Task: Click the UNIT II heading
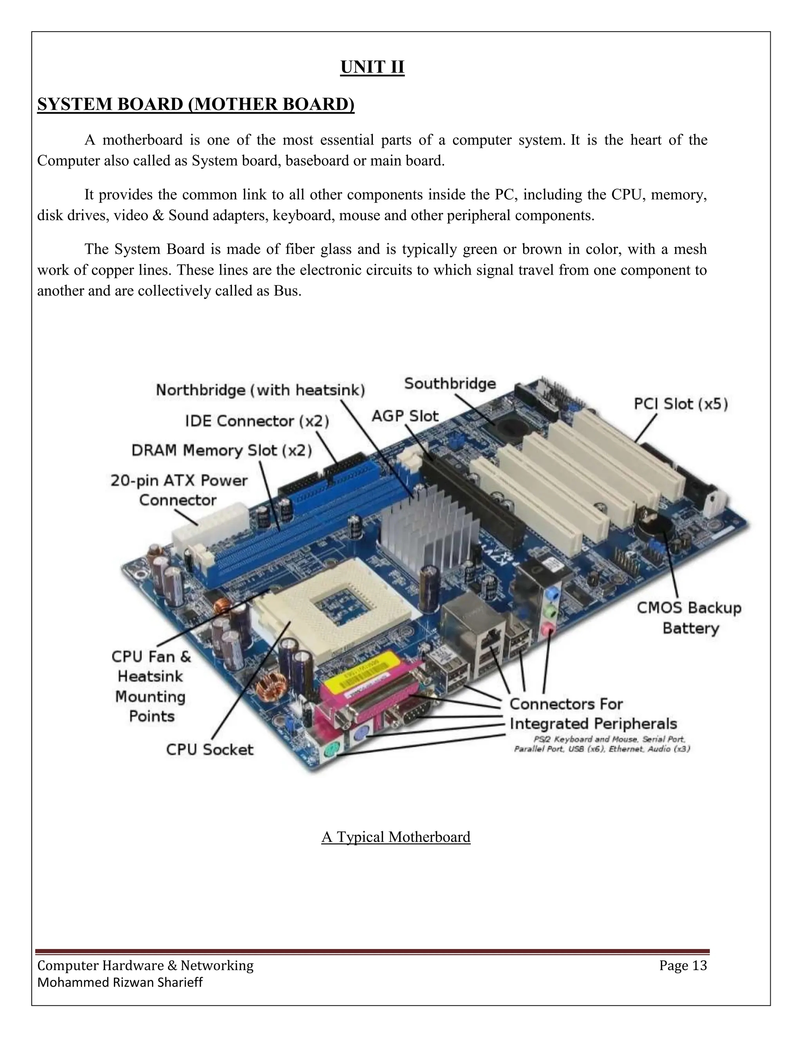[372, 67]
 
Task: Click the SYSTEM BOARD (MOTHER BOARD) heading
[196, 104]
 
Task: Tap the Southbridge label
[450, 383]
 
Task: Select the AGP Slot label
[405, 416]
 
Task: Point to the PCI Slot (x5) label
[680, 404]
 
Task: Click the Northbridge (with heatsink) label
[260, 390]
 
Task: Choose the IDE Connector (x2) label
[256, 421]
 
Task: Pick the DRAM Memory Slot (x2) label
[221, 450]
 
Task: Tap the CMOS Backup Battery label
[689, 618]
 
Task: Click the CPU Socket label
[210, 750]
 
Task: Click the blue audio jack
[551, 594]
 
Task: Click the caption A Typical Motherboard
[396, 837]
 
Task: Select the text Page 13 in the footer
[683, 965]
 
